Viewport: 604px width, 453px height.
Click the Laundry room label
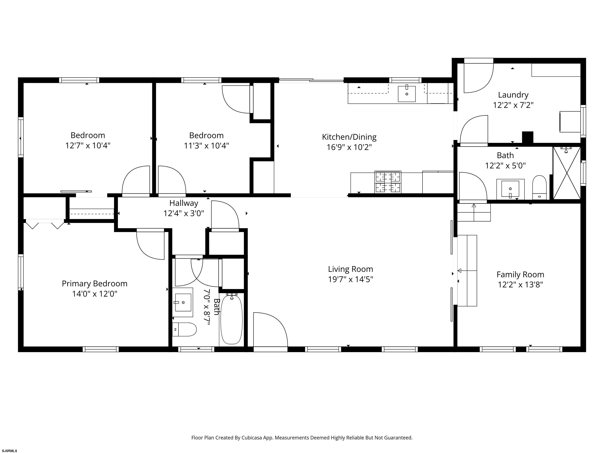click(513, 95)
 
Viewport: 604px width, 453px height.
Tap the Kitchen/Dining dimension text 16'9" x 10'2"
click(349, 147)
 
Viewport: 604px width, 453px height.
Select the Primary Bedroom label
click(95, 284)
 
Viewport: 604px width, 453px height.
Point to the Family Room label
click(520, 274)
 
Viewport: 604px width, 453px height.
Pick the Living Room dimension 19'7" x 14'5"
click(350, 279)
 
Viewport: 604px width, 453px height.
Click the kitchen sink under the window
click(407, 94)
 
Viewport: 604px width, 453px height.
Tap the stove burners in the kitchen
click(388, 182)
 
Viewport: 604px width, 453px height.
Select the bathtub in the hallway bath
click(231, 319)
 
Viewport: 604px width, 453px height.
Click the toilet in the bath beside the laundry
click(539, 188)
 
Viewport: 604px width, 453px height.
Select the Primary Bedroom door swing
click(150, 245)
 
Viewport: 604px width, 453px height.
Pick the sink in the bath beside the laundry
click(510, 189)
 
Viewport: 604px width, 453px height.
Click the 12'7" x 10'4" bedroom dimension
click(88, 145)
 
